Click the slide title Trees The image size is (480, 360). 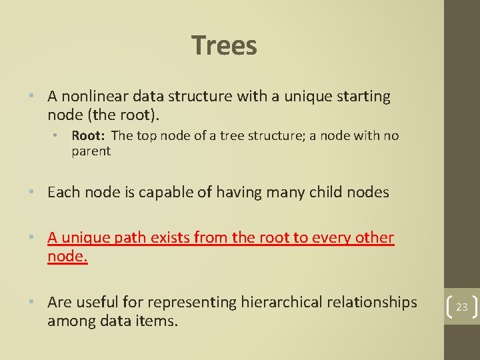[224, 45]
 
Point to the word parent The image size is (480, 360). [91, 151]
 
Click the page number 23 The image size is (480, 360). [462, 307]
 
